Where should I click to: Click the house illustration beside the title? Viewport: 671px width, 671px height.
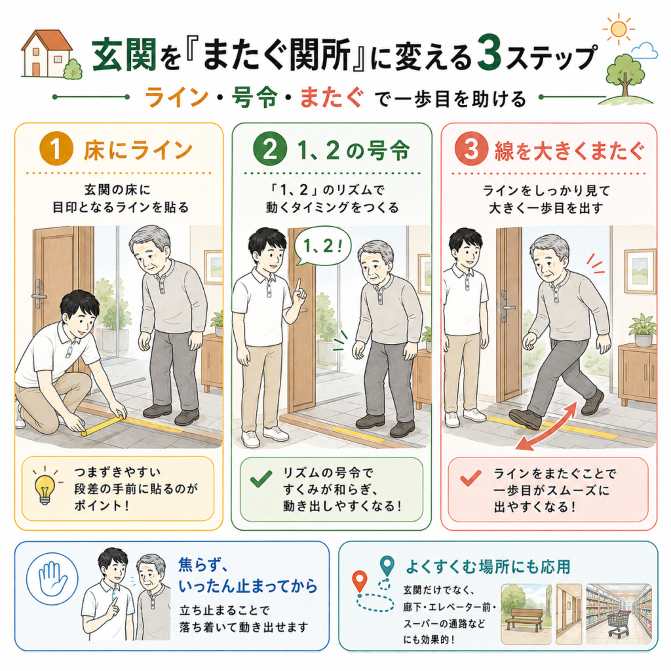[47, 54]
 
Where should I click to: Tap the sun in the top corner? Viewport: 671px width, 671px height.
[619, 29]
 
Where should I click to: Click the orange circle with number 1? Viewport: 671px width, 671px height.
[56, 149]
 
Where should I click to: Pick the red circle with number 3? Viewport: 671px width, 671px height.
[471, 149]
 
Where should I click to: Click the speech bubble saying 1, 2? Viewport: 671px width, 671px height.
[322, 247]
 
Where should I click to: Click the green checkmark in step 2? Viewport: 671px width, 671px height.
[261, 479]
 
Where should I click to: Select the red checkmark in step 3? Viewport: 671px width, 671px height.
[470, 478]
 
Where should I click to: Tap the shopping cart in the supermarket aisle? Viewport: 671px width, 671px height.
[619, 624]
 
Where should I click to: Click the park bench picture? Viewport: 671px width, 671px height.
[526, 614]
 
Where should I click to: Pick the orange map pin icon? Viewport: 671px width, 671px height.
[360, 581]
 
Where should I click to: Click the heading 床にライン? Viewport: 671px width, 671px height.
[138, 150]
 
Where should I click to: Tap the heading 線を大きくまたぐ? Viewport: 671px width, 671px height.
[569, 150]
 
